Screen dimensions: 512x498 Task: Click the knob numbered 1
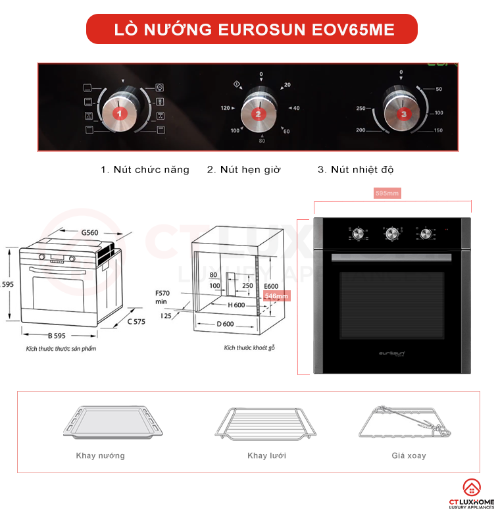pos(120,113)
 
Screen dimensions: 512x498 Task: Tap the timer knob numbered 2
pos(258,113)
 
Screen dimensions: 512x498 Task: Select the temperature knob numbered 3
pos(403,113)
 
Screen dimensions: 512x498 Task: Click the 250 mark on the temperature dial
pos(361,108)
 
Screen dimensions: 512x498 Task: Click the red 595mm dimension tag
pos(387,193)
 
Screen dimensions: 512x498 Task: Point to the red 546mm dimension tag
pos(276,296)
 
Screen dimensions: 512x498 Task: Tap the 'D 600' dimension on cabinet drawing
pos(224,324)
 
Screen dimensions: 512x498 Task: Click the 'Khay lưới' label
pos(266,455)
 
